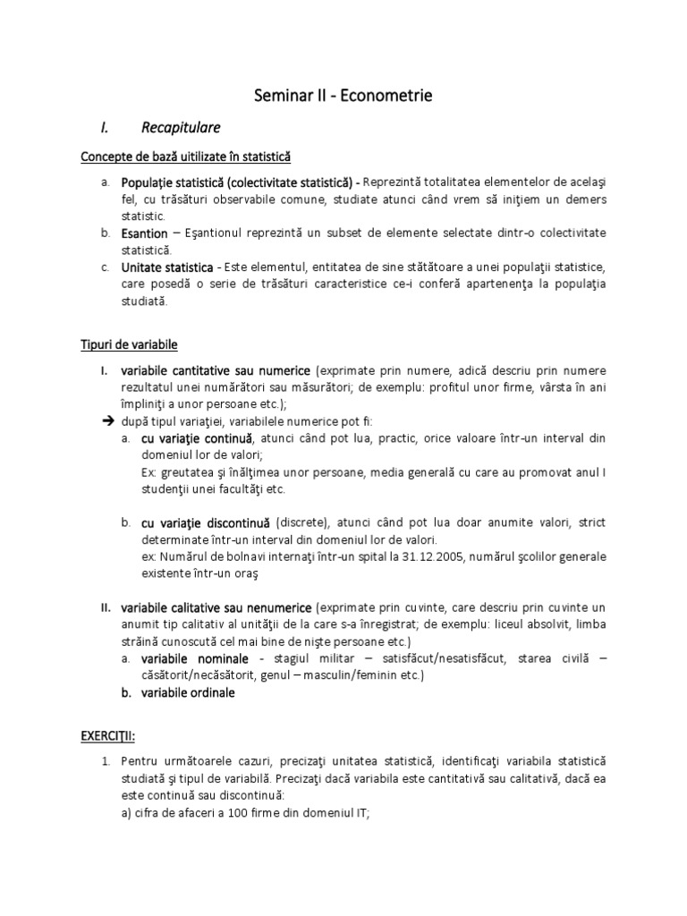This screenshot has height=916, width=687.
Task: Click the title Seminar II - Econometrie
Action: (343, 96)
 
